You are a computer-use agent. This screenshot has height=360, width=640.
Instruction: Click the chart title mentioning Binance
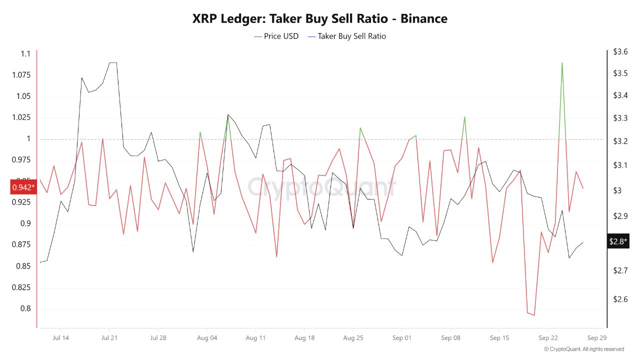(320, 19)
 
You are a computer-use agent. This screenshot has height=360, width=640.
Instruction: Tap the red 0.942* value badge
(23, 187)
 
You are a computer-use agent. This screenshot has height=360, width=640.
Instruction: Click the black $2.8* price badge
(616, 241)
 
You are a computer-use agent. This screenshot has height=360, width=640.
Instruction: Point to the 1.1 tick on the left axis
(25, 54)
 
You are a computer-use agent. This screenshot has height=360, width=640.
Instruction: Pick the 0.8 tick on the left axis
(25, 308)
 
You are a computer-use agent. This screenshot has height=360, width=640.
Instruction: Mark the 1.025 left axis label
(21, 117)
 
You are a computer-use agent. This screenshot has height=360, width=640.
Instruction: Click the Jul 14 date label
(60, 338)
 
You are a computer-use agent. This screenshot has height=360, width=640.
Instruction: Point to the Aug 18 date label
(304, 338)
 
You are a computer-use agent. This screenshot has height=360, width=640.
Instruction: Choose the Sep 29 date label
(597, 338)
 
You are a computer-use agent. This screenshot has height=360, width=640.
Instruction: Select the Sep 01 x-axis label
(402, 338)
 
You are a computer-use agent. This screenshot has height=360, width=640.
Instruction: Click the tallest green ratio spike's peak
(562, 63)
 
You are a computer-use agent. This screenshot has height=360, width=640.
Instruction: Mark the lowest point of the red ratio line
(534, 315)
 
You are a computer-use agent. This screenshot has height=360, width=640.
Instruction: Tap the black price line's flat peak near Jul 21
(113, 63)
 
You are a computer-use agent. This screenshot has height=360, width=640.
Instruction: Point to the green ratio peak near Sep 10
(465, 117)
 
